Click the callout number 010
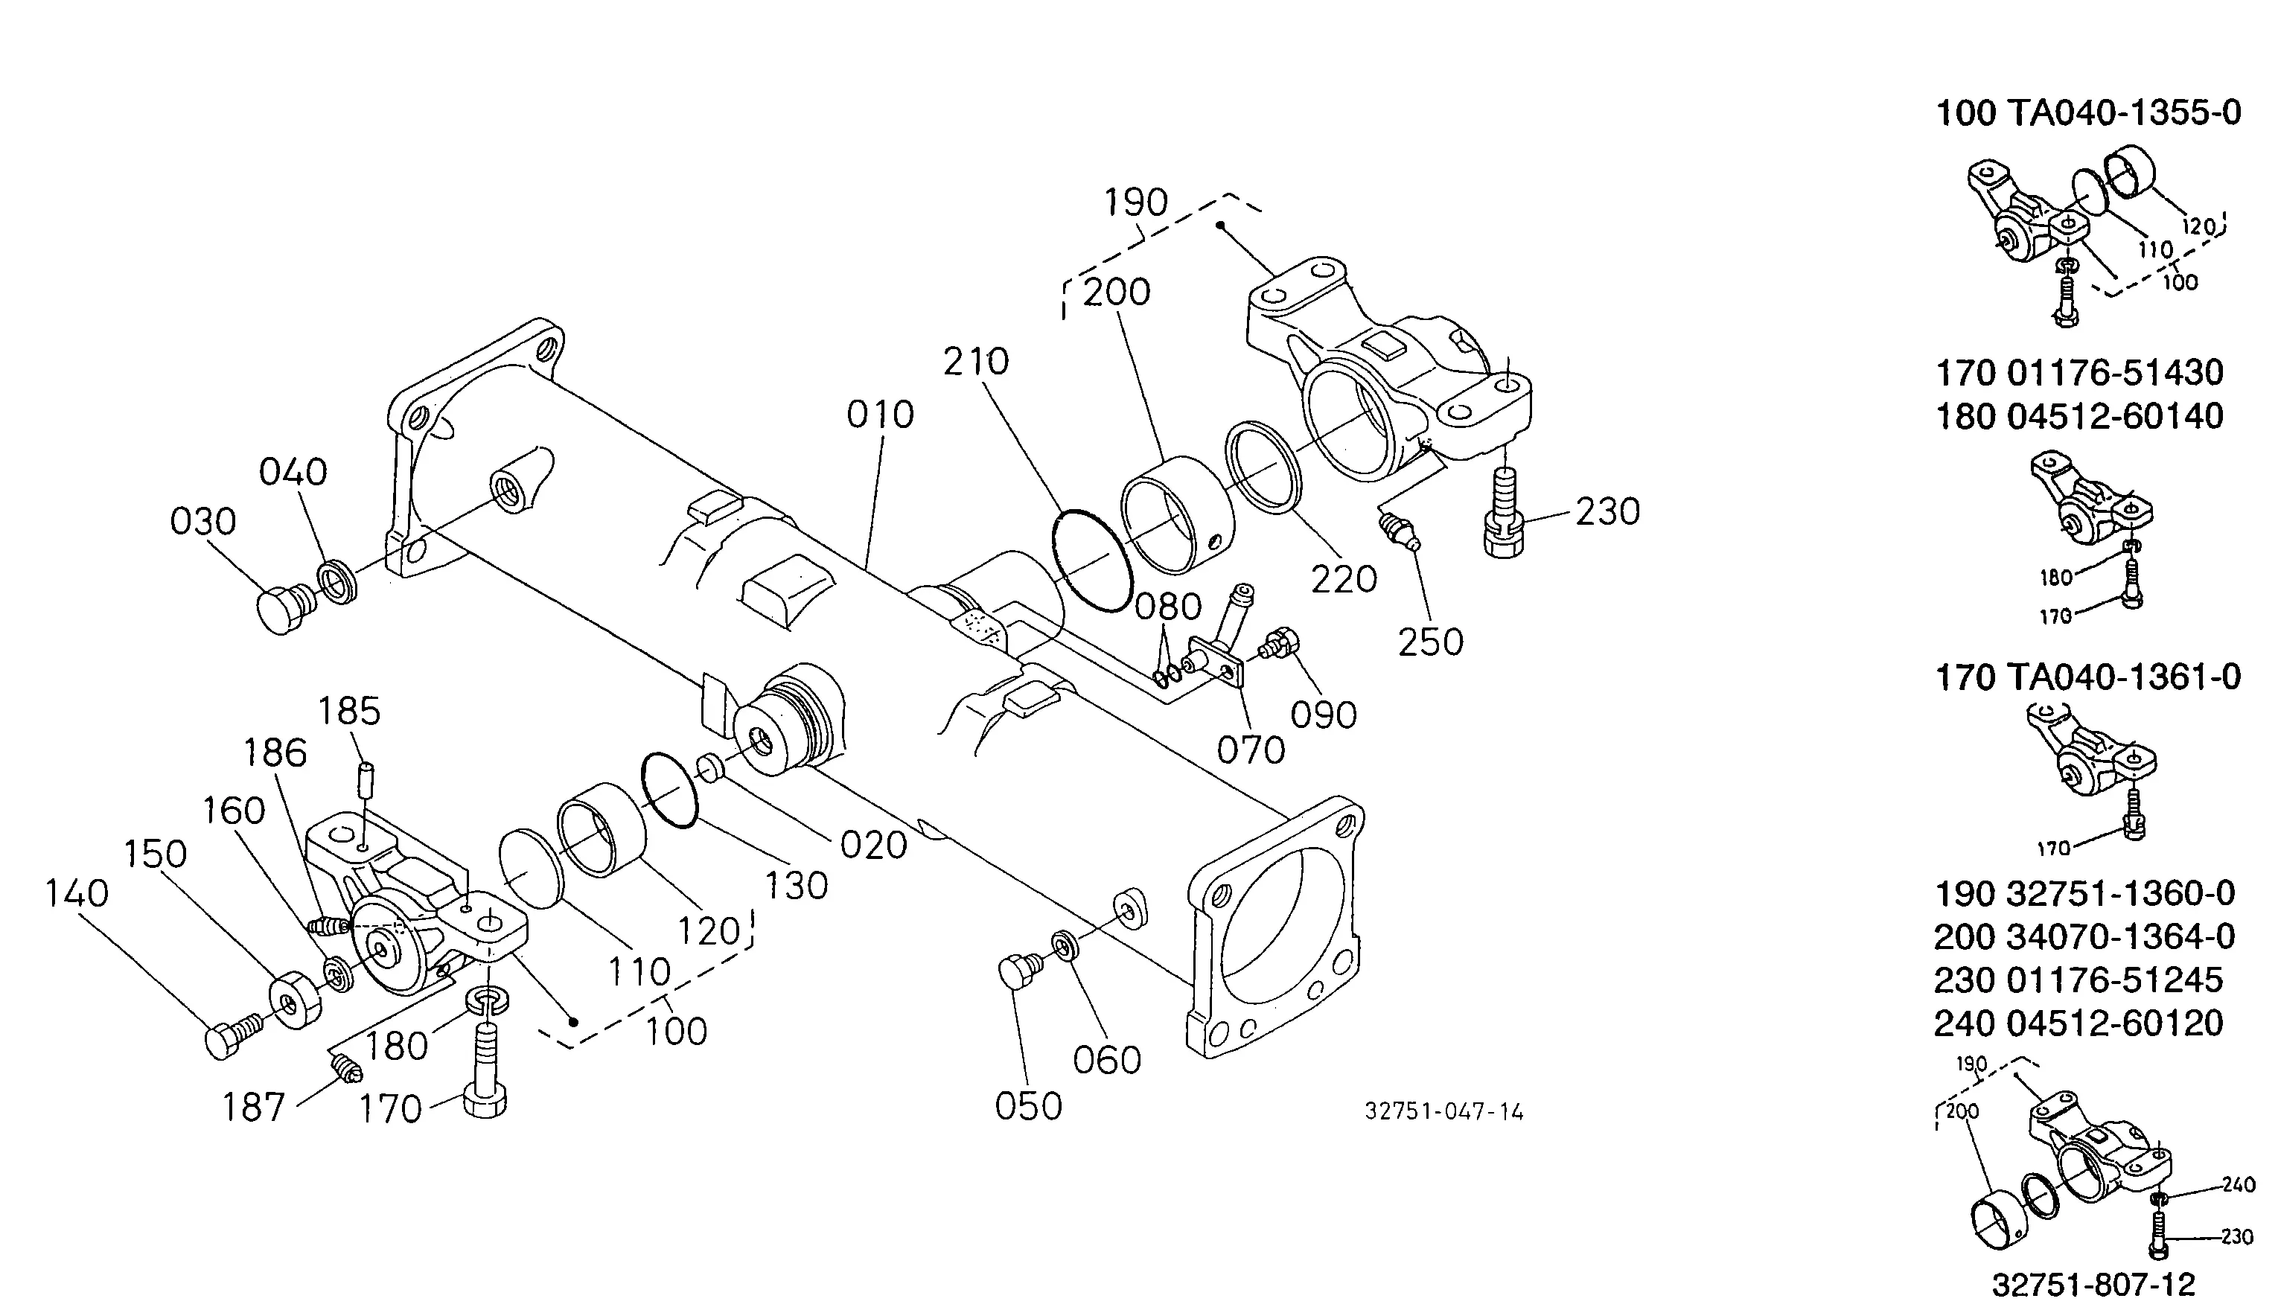[880, 415]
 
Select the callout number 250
[1430, 642]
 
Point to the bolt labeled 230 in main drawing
[1502, 512]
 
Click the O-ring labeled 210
[1092, 560]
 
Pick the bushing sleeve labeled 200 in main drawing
[1176, 515]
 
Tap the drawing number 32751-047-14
[1443, 1112]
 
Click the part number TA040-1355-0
[2124, 114]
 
